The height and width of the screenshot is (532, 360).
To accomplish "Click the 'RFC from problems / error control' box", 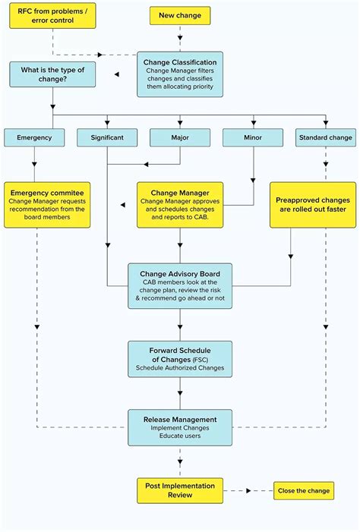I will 52,16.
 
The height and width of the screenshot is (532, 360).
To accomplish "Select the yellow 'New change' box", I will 180,15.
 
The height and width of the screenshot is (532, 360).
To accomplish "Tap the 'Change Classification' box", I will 180,74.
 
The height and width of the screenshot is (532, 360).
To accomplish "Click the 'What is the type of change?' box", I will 53,74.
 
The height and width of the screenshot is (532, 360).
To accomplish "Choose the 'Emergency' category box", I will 34,137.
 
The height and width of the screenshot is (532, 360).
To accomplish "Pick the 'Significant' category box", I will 107,137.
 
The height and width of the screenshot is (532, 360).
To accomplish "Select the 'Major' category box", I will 180,137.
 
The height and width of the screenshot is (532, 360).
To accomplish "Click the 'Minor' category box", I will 253,137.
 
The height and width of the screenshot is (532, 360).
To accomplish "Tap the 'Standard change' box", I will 325,137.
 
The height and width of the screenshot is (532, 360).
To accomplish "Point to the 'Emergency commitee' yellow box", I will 48,204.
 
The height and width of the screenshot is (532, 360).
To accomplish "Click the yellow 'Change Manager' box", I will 180,204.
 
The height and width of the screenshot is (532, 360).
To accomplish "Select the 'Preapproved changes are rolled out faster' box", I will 313,204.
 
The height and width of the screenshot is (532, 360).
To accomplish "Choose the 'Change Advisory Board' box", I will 180,285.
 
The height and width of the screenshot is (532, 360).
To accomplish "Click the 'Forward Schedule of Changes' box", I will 180,358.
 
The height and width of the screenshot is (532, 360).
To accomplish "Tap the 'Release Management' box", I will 180,428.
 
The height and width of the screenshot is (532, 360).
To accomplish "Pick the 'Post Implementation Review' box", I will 180,490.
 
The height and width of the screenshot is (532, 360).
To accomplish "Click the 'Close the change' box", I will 302,490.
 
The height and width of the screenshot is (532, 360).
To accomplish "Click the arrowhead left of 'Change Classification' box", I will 117,74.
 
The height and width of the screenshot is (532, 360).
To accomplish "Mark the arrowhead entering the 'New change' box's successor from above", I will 180,47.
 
